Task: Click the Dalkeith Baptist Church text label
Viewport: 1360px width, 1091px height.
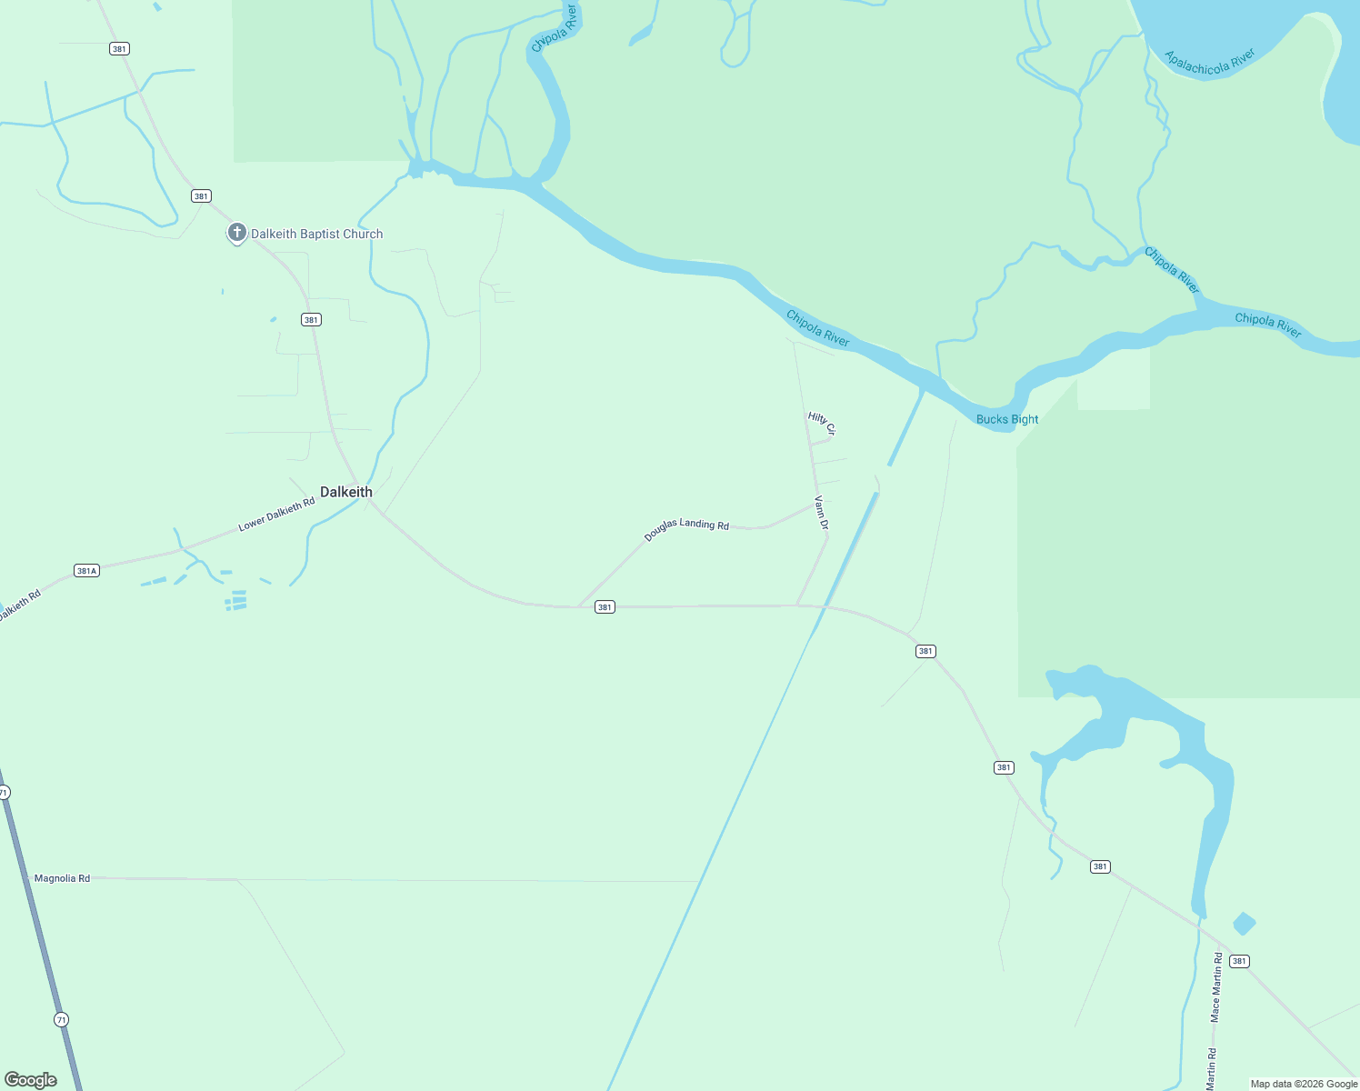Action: point(316,234)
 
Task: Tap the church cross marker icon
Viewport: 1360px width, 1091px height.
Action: point(236,233)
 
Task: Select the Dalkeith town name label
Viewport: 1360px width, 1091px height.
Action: point(346,492)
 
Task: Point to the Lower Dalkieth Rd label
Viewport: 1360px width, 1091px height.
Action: point(276,514)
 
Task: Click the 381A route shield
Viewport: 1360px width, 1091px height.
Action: point(86,571)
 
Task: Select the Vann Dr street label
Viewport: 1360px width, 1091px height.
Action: point(822,513)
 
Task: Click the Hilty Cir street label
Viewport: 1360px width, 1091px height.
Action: point(821,423)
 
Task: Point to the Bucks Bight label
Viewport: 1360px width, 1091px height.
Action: point(1006,419)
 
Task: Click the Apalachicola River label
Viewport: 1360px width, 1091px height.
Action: point(1210,61)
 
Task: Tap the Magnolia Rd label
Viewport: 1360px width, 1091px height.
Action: point(62,878)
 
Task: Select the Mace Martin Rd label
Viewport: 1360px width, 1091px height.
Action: point(1216,986)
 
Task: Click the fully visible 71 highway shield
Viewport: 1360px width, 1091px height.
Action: point(61,1019)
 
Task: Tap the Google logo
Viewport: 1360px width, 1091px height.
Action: point(31,1080)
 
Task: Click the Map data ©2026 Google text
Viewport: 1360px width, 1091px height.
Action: point(1304,1084)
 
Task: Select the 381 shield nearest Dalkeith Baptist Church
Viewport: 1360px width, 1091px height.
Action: point(201,196)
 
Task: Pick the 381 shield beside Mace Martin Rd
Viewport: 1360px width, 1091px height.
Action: point(1239,961)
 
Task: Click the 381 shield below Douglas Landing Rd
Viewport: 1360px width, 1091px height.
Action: point(605,607)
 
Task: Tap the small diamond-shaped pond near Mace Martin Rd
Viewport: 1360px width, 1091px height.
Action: point(1244,924)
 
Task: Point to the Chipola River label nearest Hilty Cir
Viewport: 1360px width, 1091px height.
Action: point(818,328)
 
